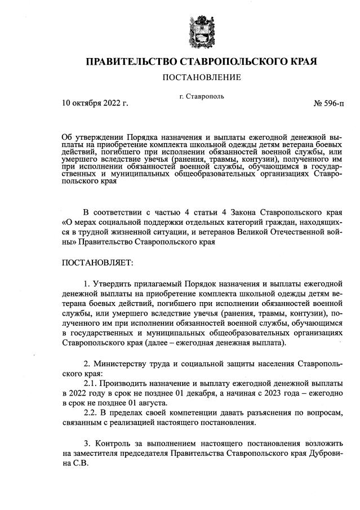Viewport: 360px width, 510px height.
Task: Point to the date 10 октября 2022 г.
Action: pos(95,104)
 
